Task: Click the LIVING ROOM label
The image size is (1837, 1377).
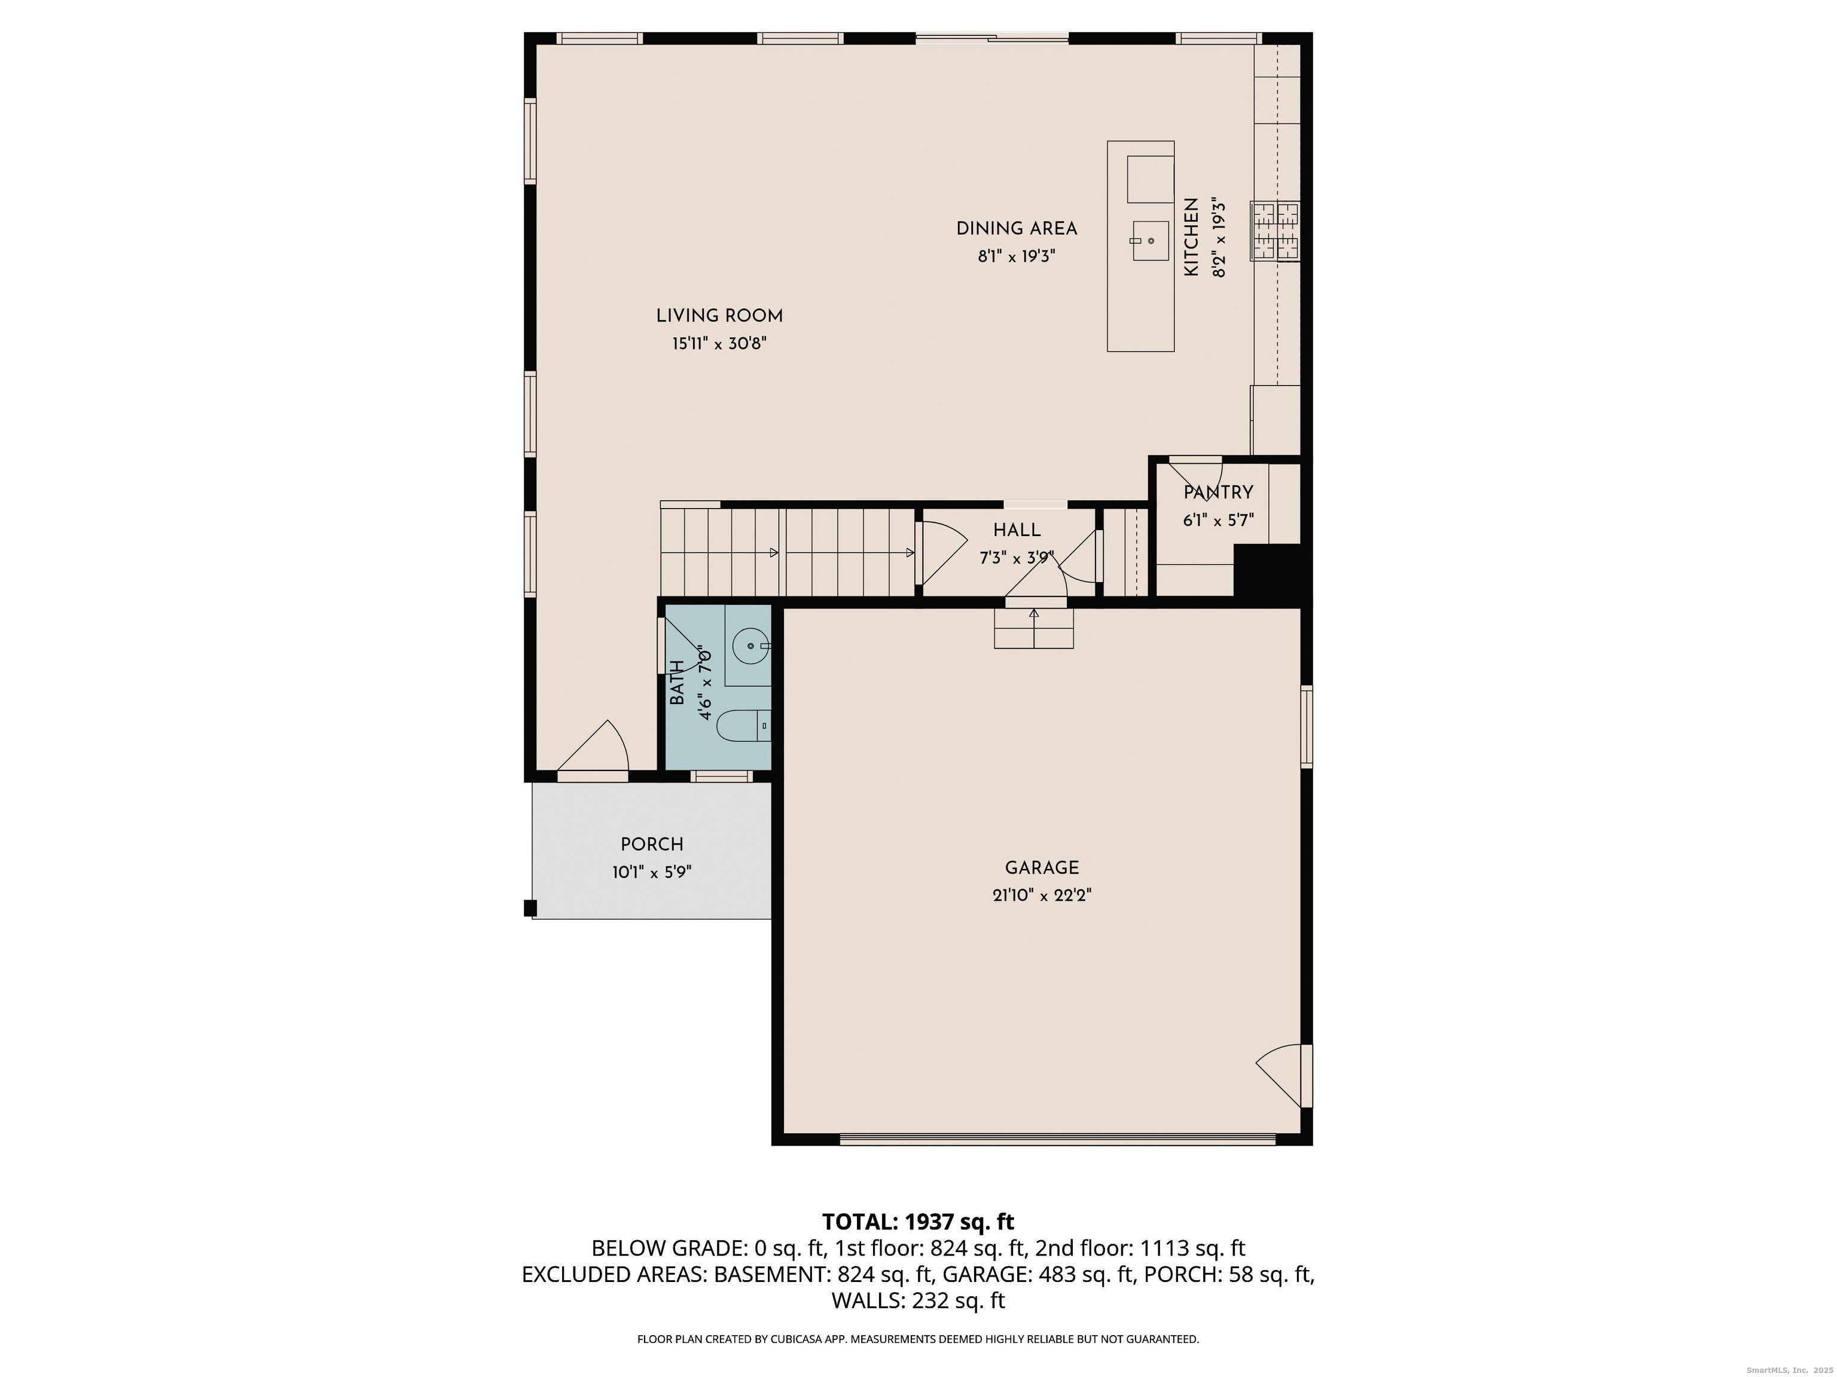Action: click(719, 316)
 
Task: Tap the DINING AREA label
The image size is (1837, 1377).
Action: click(1017, 228)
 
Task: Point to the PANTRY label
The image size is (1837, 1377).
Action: click(1218, 492)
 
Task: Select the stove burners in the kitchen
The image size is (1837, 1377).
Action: click(1275, 231)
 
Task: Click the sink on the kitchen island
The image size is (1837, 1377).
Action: click(1149, 241)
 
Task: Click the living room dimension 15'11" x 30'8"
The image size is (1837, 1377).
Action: click(719, 344)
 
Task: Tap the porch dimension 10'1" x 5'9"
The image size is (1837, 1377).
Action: click(652, 873)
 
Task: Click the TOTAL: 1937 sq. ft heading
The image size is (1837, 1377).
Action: click(918, 1222)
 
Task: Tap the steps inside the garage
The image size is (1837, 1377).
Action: click(1034, 628)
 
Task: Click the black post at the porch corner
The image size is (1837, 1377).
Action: click(530, 908)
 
